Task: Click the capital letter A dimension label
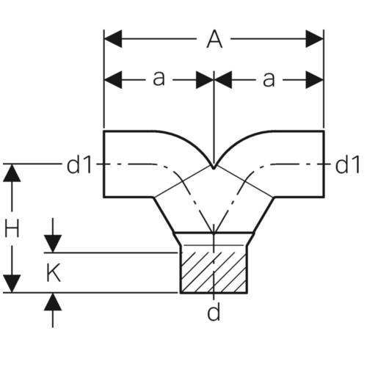click(x=214, y=40)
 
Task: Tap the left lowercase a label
click(x=159, y=79)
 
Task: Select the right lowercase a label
click(x=269, y=79)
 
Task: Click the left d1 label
click(x=79, y=164)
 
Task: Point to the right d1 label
click(x=347, y=164)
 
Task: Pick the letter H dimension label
click(x=12, y=228)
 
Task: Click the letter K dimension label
click(x=54, y=273)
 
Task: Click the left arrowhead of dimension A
click(x=113, y=39)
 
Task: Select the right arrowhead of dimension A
click(x=315, y=39)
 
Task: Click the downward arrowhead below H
click(x=12, y=283)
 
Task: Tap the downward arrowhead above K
click(x=53, y=244)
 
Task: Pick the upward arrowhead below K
click(x=53, y=302)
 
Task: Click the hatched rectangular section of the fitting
click(x=214, y=272)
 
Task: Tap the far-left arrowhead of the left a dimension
click(x=113, y=80)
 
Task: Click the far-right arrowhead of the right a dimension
click(x=315, y=80)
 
